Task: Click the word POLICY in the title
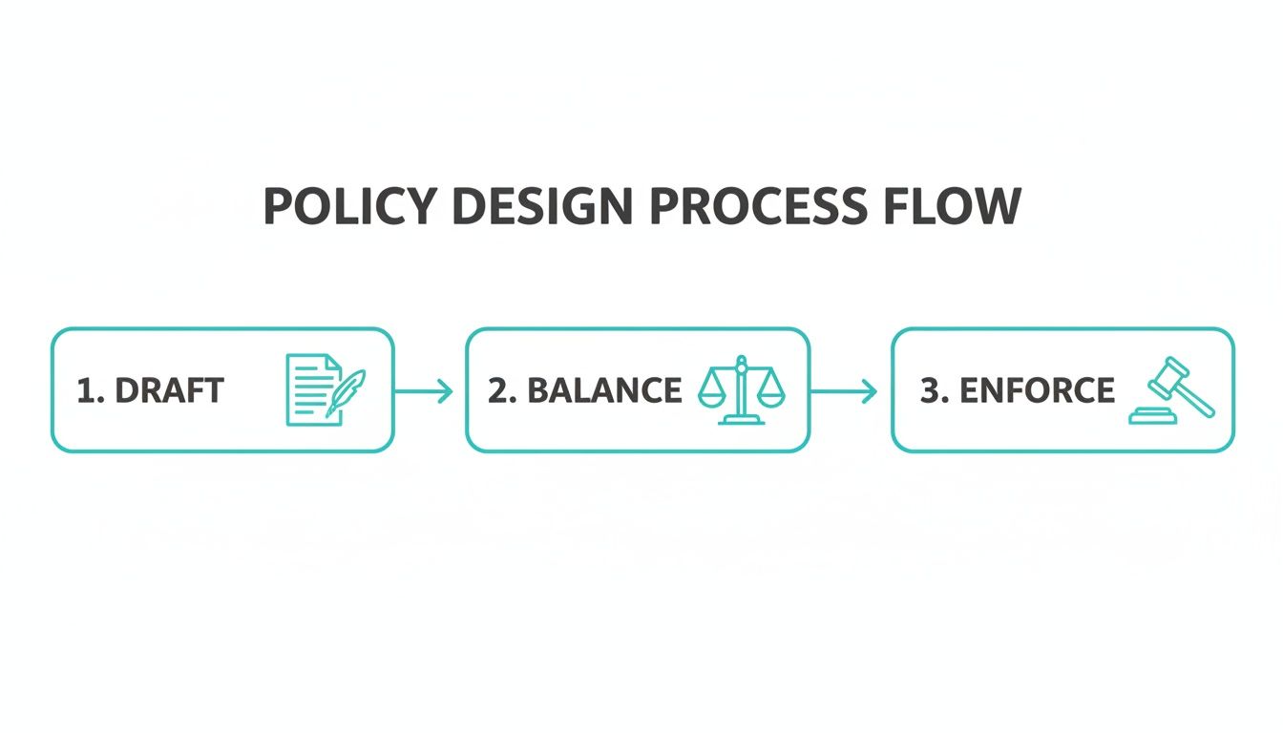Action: click(x=350, y=206)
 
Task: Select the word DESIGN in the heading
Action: click(x=542, y=206)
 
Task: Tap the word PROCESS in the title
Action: click(x=758, y=206)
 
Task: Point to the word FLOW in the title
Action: click(x=953, y=206)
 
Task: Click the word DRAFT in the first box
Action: click(x=170, y=390)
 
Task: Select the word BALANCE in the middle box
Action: click(x=604, y=390)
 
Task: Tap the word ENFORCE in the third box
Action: click(x=1038, y=390)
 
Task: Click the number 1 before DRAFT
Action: click(x=87, y=390)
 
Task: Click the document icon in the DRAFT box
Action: click(x=314, y=390)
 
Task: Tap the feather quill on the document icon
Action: click(x=347, y=393)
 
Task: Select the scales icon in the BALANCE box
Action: click(x=742, y=390)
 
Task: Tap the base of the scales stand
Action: click(x=742, y=421)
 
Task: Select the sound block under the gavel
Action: click(x=1152, y=416)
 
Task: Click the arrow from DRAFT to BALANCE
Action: click(x=424, y=391)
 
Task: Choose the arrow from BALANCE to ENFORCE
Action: click(x=844, y=391)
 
